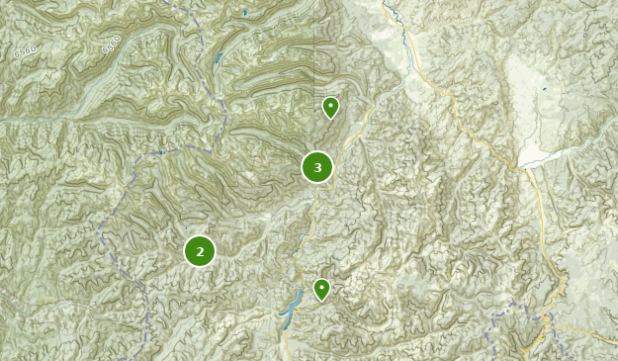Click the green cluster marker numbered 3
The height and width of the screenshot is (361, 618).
317,167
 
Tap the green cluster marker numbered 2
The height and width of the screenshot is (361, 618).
200,251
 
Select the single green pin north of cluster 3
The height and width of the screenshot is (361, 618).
330,107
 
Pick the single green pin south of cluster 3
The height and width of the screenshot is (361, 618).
321,289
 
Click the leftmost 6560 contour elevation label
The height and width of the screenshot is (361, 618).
26,50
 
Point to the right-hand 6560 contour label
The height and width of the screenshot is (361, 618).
110,45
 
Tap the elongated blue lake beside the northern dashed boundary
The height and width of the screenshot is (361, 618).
219,56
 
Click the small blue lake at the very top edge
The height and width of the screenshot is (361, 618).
244,13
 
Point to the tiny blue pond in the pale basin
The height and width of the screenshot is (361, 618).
543,89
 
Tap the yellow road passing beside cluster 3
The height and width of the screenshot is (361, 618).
341,158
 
